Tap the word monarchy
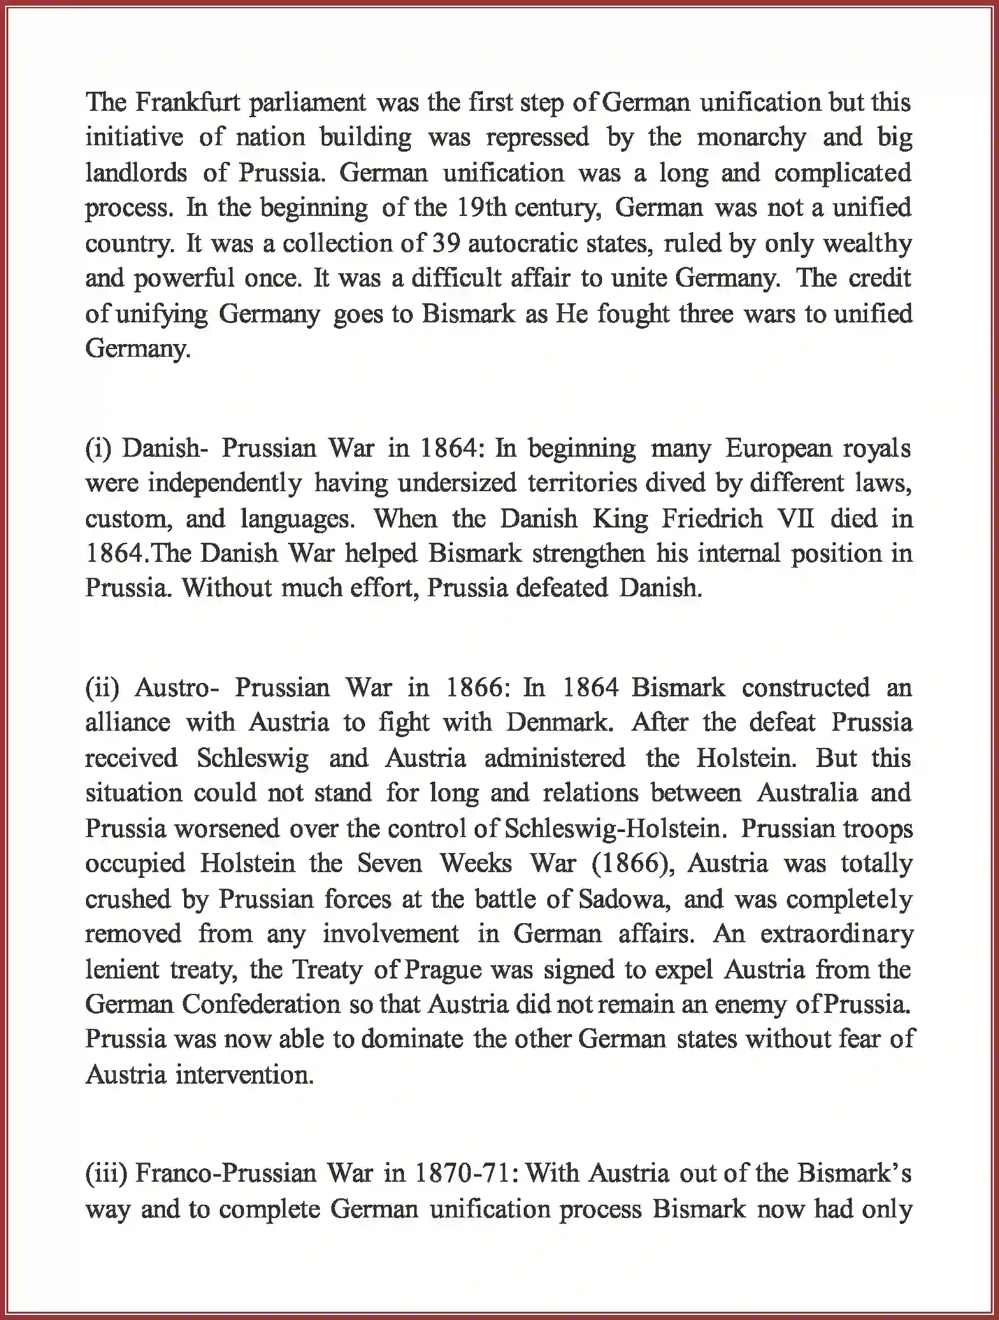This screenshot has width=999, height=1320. pyautogui.click(x=751, y=138)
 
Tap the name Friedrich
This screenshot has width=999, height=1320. pyautogui.click(x=712, y=519)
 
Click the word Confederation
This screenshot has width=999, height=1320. pyautogui.click(x=261, y=1005)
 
